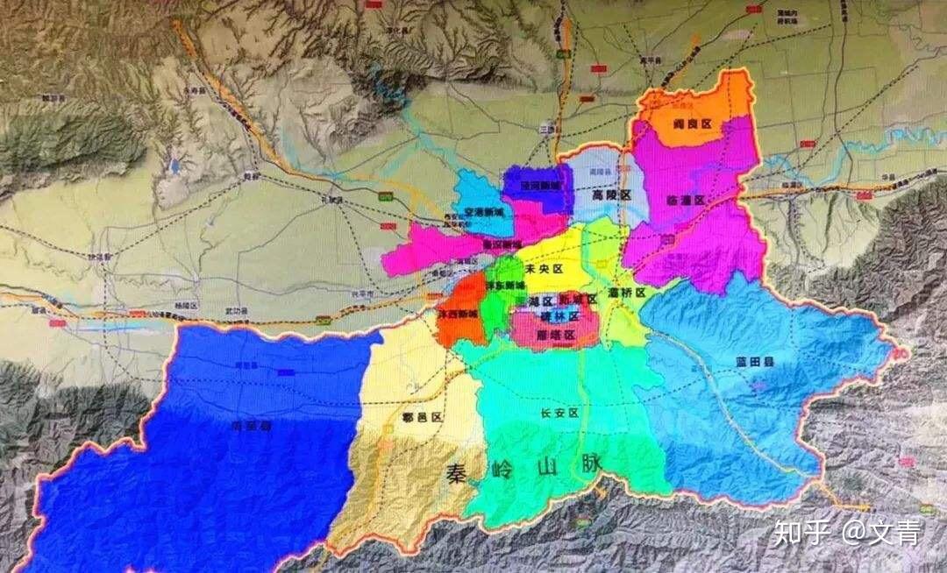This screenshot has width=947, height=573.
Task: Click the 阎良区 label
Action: click(x=692, y=126)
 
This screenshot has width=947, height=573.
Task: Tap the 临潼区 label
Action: click(x=686, y=200)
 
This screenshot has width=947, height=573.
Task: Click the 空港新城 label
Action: click(x=485, y=212)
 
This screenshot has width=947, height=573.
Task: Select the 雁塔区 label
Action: click(x=556, y=336)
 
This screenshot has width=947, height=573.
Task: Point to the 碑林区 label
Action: click(x=561, y=316)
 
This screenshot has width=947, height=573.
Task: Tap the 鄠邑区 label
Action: click(x=421, y=418)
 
